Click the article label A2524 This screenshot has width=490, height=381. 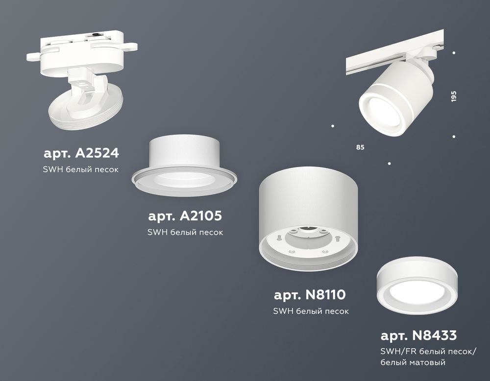pos(81,154)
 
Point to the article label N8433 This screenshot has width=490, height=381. pos(418,335)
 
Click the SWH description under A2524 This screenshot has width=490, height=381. pos(81,169)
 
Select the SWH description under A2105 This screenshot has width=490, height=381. pos(185,232)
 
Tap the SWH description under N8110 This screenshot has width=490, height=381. pos(311,311)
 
